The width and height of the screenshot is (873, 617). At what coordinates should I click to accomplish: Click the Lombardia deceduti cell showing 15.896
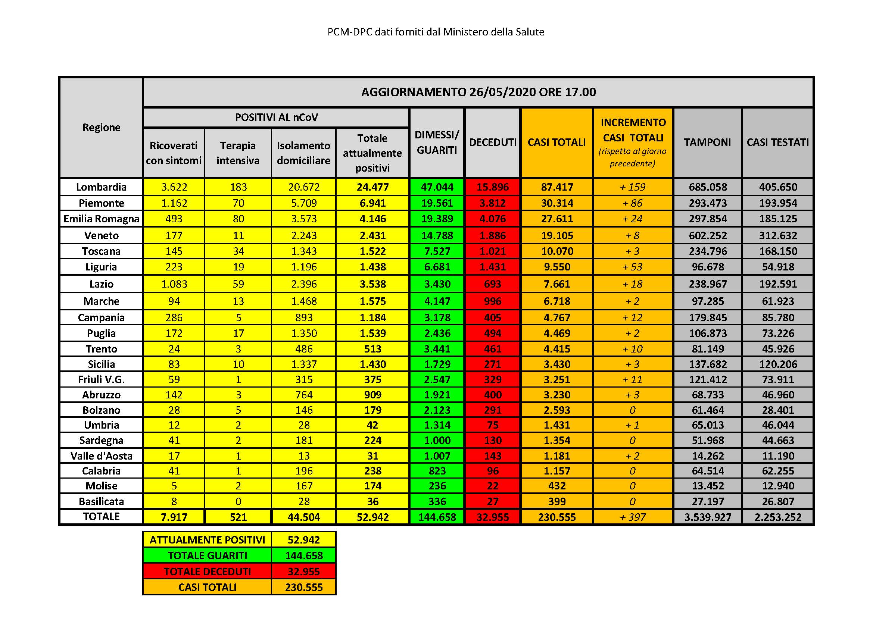(492, 187)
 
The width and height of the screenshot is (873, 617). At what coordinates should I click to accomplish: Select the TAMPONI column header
(707, 142)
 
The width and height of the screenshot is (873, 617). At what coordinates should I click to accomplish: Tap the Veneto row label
(101, 235)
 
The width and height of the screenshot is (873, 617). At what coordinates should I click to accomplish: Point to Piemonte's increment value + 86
(633, 203)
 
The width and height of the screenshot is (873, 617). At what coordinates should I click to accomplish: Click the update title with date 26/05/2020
(478, 92)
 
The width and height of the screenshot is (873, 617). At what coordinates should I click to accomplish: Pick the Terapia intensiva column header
(238, 153)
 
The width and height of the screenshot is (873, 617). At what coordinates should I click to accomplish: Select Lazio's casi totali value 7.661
(556, 284)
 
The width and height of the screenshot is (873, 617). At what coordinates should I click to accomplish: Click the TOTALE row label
(101, 517)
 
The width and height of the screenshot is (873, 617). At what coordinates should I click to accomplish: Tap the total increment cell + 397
(633, 517)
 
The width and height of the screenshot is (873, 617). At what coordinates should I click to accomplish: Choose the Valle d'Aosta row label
(101, 456)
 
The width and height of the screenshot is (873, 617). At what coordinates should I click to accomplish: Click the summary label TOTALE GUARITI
(207, 555)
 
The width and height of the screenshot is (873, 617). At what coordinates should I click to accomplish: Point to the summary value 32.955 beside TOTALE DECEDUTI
(304, 571)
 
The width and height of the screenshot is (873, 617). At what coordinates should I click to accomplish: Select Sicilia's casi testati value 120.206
(778, 364)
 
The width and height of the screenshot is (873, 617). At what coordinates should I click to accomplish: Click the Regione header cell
(101, 127)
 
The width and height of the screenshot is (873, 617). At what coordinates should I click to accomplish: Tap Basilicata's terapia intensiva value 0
(238, 501)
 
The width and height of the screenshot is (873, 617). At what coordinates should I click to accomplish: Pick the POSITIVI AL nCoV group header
(276, 118)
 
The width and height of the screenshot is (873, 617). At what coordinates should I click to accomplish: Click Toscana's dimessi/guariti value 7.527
(437, 251)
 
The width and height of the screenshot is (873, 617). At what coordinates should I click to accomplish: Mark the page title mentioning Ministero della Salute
(436, 32)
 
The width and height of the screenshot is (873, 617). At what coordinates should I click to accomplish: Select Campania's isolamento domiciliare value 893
(303, 317)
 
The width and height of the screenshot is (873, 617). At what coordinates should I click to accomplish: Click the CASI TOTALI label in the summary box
(207, 588)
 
